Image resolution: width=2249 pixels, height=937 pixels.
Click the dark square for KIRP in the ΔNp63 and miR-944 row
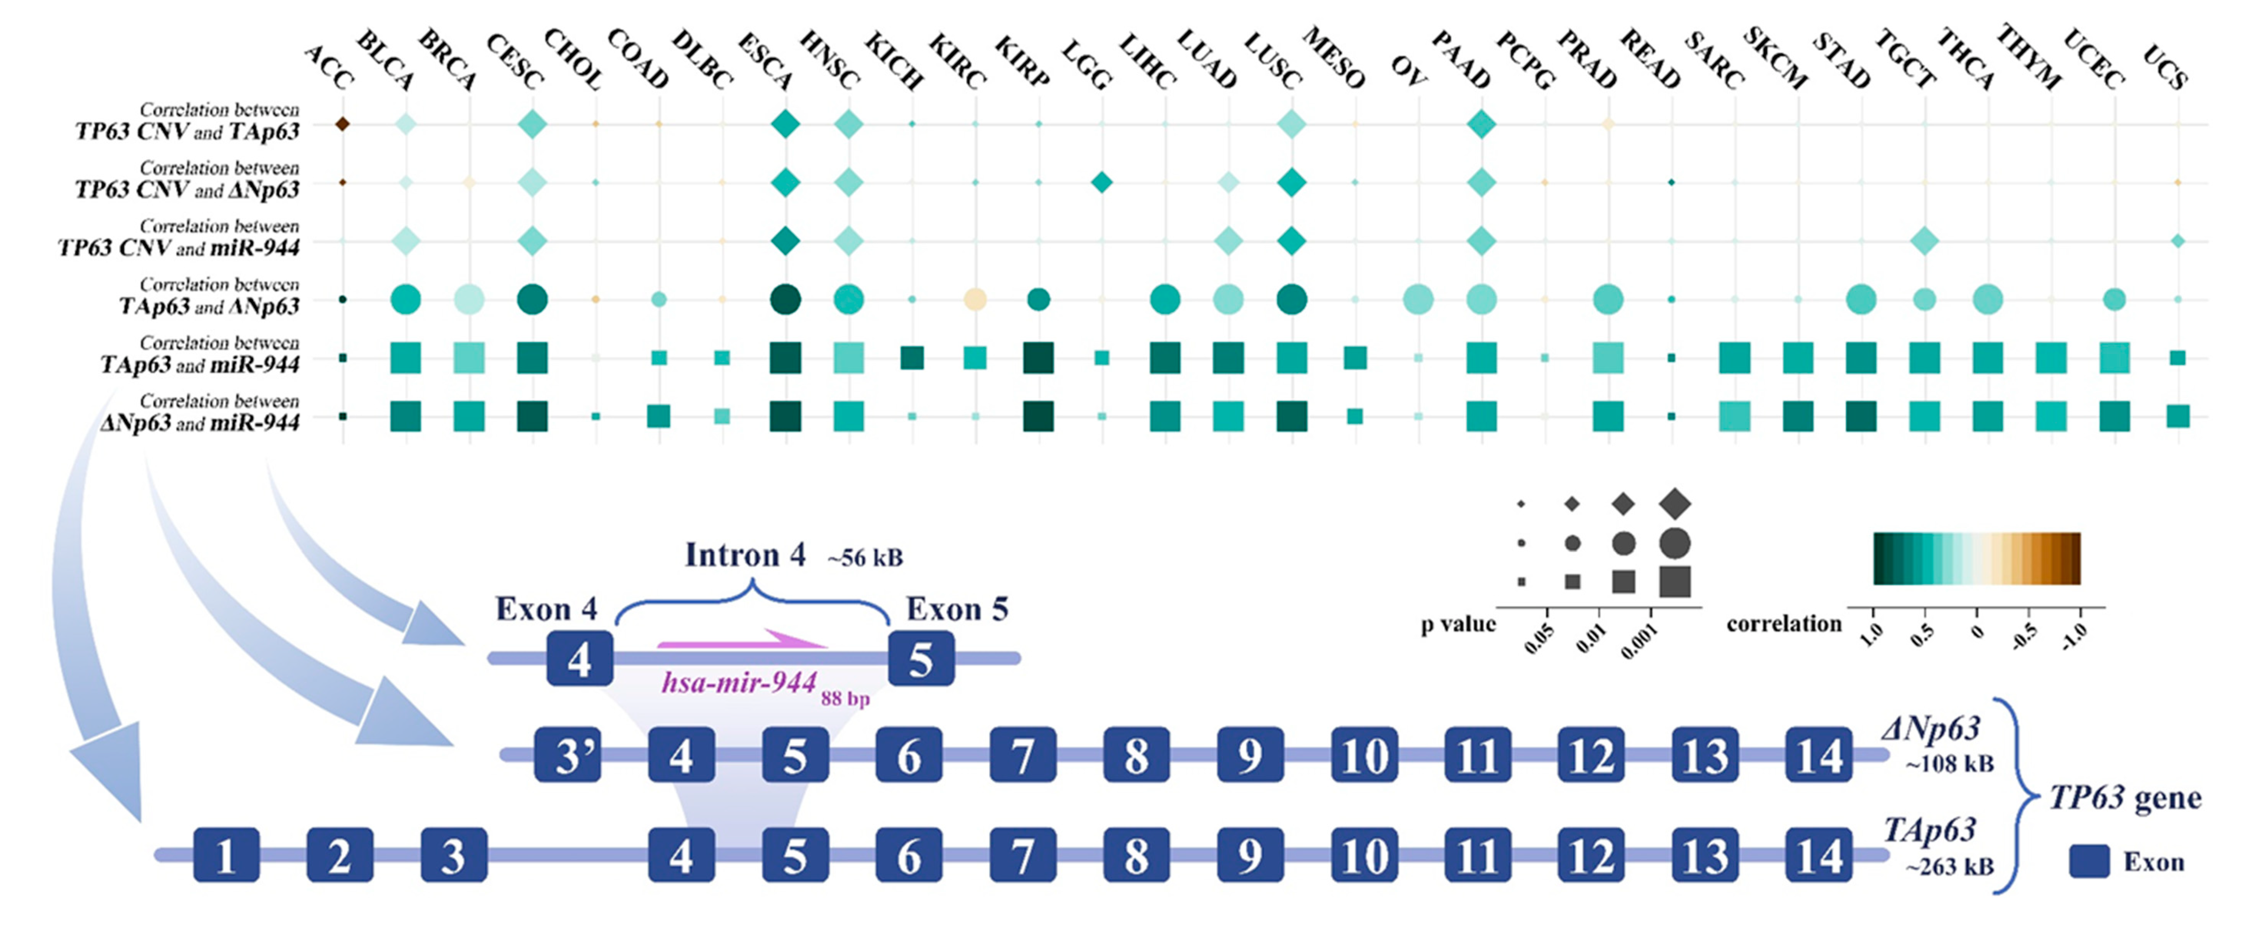1038,417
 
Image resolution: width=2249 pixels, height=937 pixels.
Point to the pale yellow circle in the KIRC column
975,299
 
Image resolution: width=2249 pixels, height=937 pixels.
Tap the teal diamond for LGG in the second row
1102,183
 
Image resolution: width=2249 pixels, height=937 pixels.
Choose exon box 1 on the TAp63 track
226,855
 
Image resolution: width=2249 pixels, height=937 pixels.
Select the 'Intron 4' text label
745,555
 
